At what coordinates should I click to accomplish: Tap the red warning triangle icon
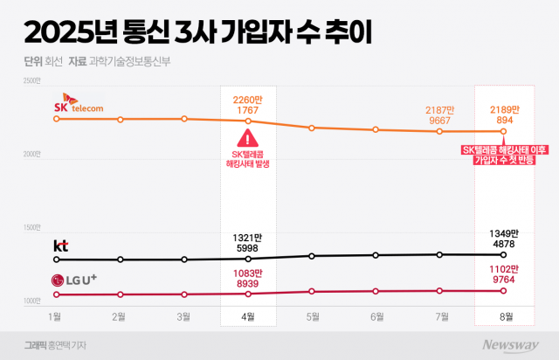pyautogui.click(x=248, y=138)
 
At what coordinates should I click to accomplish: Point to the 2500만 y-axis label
pyautogui.click(x=32, y=81)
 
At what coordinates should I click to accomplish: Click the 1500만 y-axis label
pyautogui.click(x=32, y=227)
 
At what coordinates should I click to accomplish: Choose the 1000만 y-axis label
pyautogui.click(x=32, y=301)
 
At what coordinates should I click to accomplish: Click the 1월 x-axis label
pyautogui.click(x=56, y=315)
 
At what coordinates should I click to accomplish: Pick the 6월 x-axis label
pyautogui.click(x=376, y=315)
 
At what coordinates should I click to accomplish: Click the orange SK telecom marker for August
pyautogui.click(x=503, y=132)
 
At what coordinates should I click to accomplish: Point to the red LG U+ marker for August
pyautogui.click(x=503, y=291)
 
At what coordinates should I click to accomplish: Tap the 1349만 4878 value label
pyautogui.click(x=503, y=238)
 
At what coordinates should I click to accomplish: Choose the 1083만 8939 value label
pyautogui.click(x=248, y=278)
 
